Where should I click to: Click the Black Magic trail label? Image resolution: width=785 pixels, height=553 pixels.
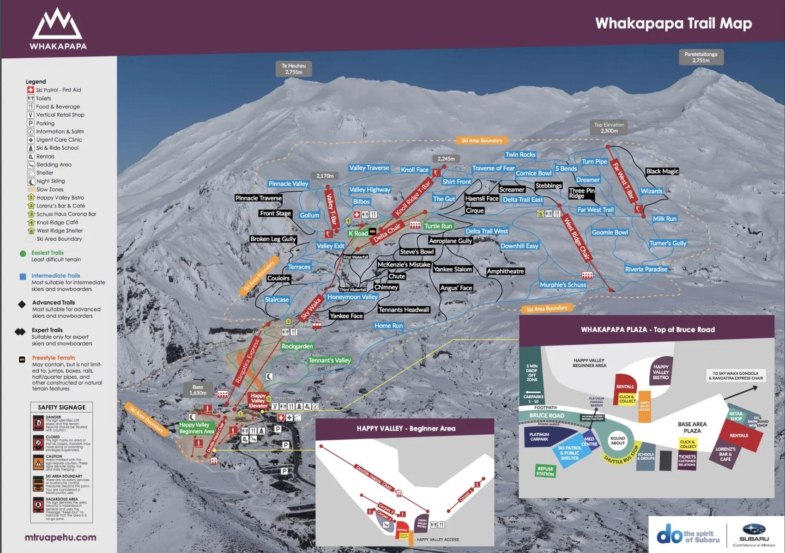point(662,171)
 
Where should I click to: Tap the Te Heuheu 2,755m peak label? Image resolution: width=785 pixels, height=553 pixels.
point(294,69)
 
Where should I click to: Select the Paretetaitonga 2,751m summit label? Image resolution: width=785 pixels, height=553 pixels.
point(700,57)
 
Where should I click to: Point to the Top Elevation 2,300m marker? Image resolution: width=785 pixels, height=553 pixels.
point(609,128)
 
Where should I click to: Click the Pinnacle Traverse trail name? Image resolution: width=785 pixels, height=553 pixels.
point(258,198)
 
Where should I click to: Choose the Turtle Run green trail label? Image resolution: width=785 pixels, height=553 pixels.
point(438,226)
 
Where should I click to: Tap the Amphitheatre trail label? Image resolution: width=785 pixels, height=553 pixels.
point(505,271)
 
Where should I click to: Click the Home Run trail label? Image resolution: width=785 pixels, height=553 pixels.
point(388,326)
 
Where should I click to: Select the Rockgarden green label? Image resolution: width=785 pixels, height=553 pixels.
point(297,346)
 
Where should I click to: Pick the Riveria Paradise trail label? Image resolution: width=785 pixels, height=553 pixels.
point(646,269)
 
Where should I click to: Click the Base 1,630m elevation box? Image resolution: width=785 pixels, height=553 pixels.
point(198,390)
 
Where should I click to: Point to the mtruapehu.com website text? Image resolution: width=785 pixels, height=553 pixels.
point(60,537)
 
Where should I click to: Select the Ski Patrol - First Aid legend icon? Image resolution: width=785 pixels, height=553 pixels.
point(30,90)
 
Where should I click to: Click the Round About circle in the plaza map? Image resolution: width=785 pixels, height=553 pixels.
point(617,440)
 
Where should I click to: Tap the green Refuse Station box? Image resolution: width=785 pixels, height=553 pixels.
point(545,471)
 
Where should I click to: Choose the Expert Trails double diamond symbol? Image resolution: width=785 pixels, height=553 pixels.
point(20,332)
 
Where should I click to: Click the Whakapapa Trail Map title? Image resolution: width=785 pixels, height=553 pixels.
point(673,23)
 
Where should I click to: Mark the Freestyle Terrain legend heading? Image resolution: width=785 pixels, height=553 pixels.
point(53,358)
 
